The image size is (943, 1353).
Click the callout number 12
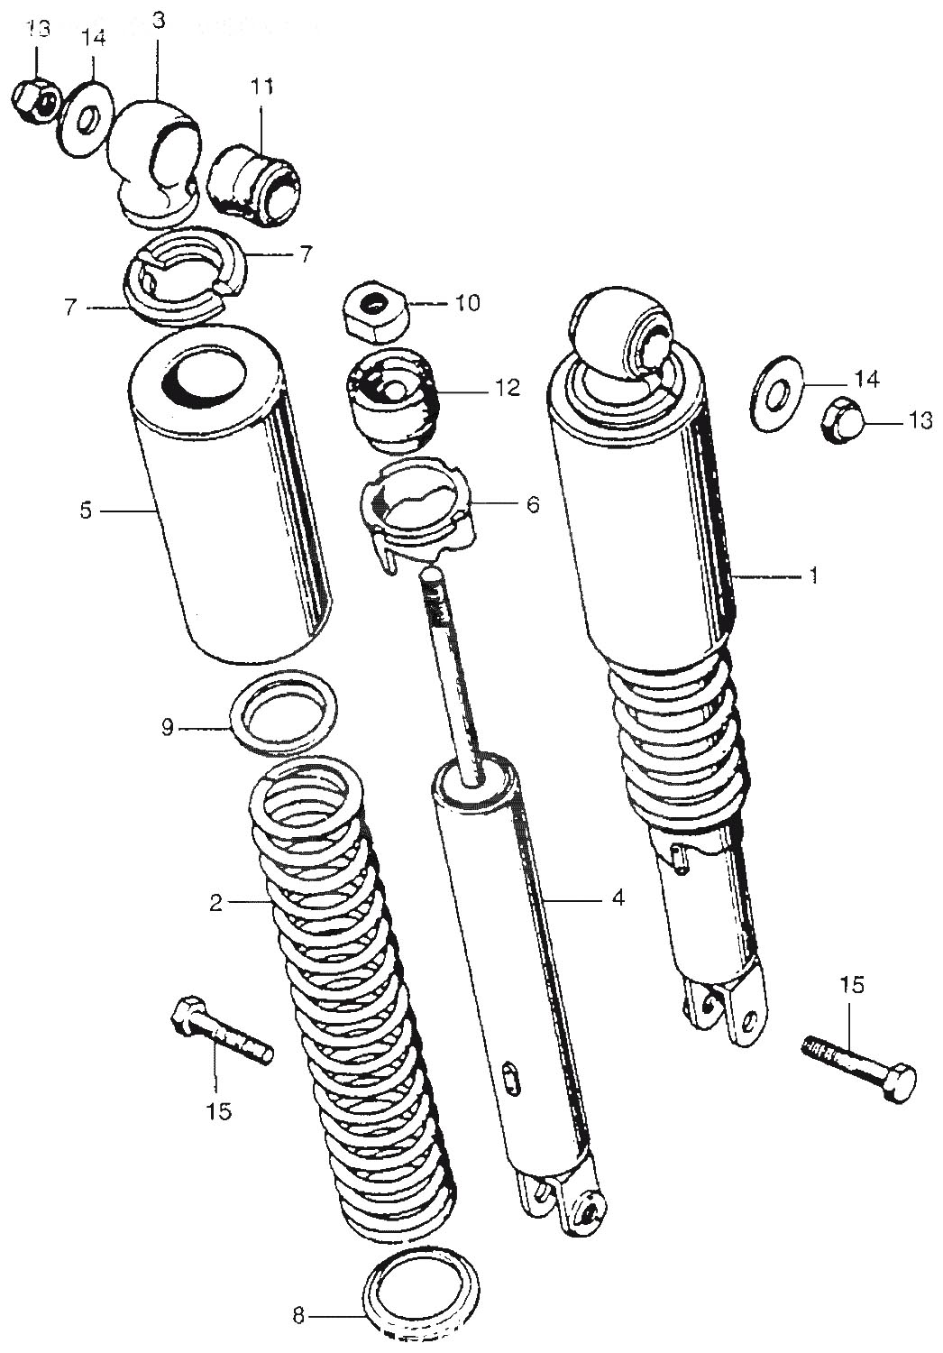pyautogui.click(x=507, y=388)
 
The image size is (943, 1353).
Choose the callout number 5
pyautogui.click(x=86, y=511)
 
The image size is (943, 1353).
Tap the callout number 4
pyautogui.click(x=617, y=897)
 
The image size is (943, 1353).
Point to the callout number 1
pyautogui.click(x=813, y=575)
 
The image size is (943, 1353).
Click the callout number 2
pyautogui.click(x=215, y=901)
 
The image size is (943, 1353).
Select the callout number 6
pyautogui.click(x=532, y=504)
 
